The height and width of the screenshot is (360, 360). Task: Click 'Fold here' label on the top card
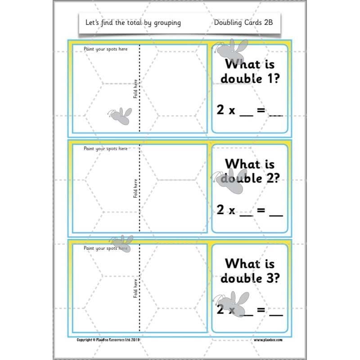click(x=135, y=89)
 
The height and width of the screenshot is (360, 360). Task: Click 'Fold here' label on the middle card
click(x=135, y=189)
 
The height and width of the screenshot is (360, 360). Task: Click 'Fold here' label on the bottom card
click(x=135, y=288)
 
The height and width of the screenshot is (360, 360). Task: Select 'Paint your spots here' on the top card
click(x=105, y=49)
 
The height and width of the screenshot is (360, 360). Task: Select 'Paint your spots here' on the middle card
click(x=105, y=148)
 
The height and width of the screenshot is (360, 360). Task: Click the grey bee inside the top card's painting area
click(x=119, y=116)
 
